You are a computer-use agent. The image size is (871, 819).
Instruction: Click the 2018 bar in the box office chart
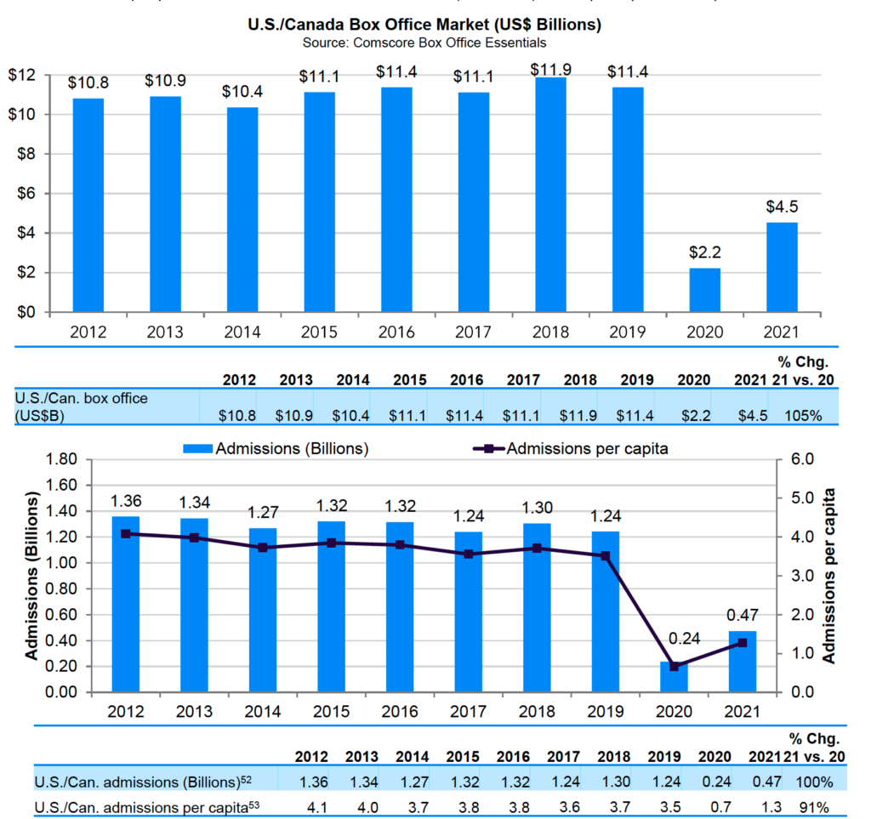(550, 196)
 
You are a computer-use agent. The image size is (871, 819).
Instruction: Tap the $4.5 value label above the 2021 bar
(782, 207)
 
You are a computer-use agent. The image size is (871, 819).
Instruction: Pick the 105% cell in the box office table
(804, 416)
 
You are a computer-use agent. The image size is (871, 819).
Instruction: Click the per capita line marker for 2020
(675, 666)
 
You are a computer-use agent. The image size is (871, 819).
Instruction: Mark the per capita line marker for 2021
(743, 643)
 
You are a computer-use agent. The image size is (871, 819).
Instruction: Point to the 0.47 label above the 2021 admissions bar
(743, 614)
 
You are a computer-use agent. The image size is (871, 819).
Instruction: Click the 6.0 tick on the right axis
(802, 459)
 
